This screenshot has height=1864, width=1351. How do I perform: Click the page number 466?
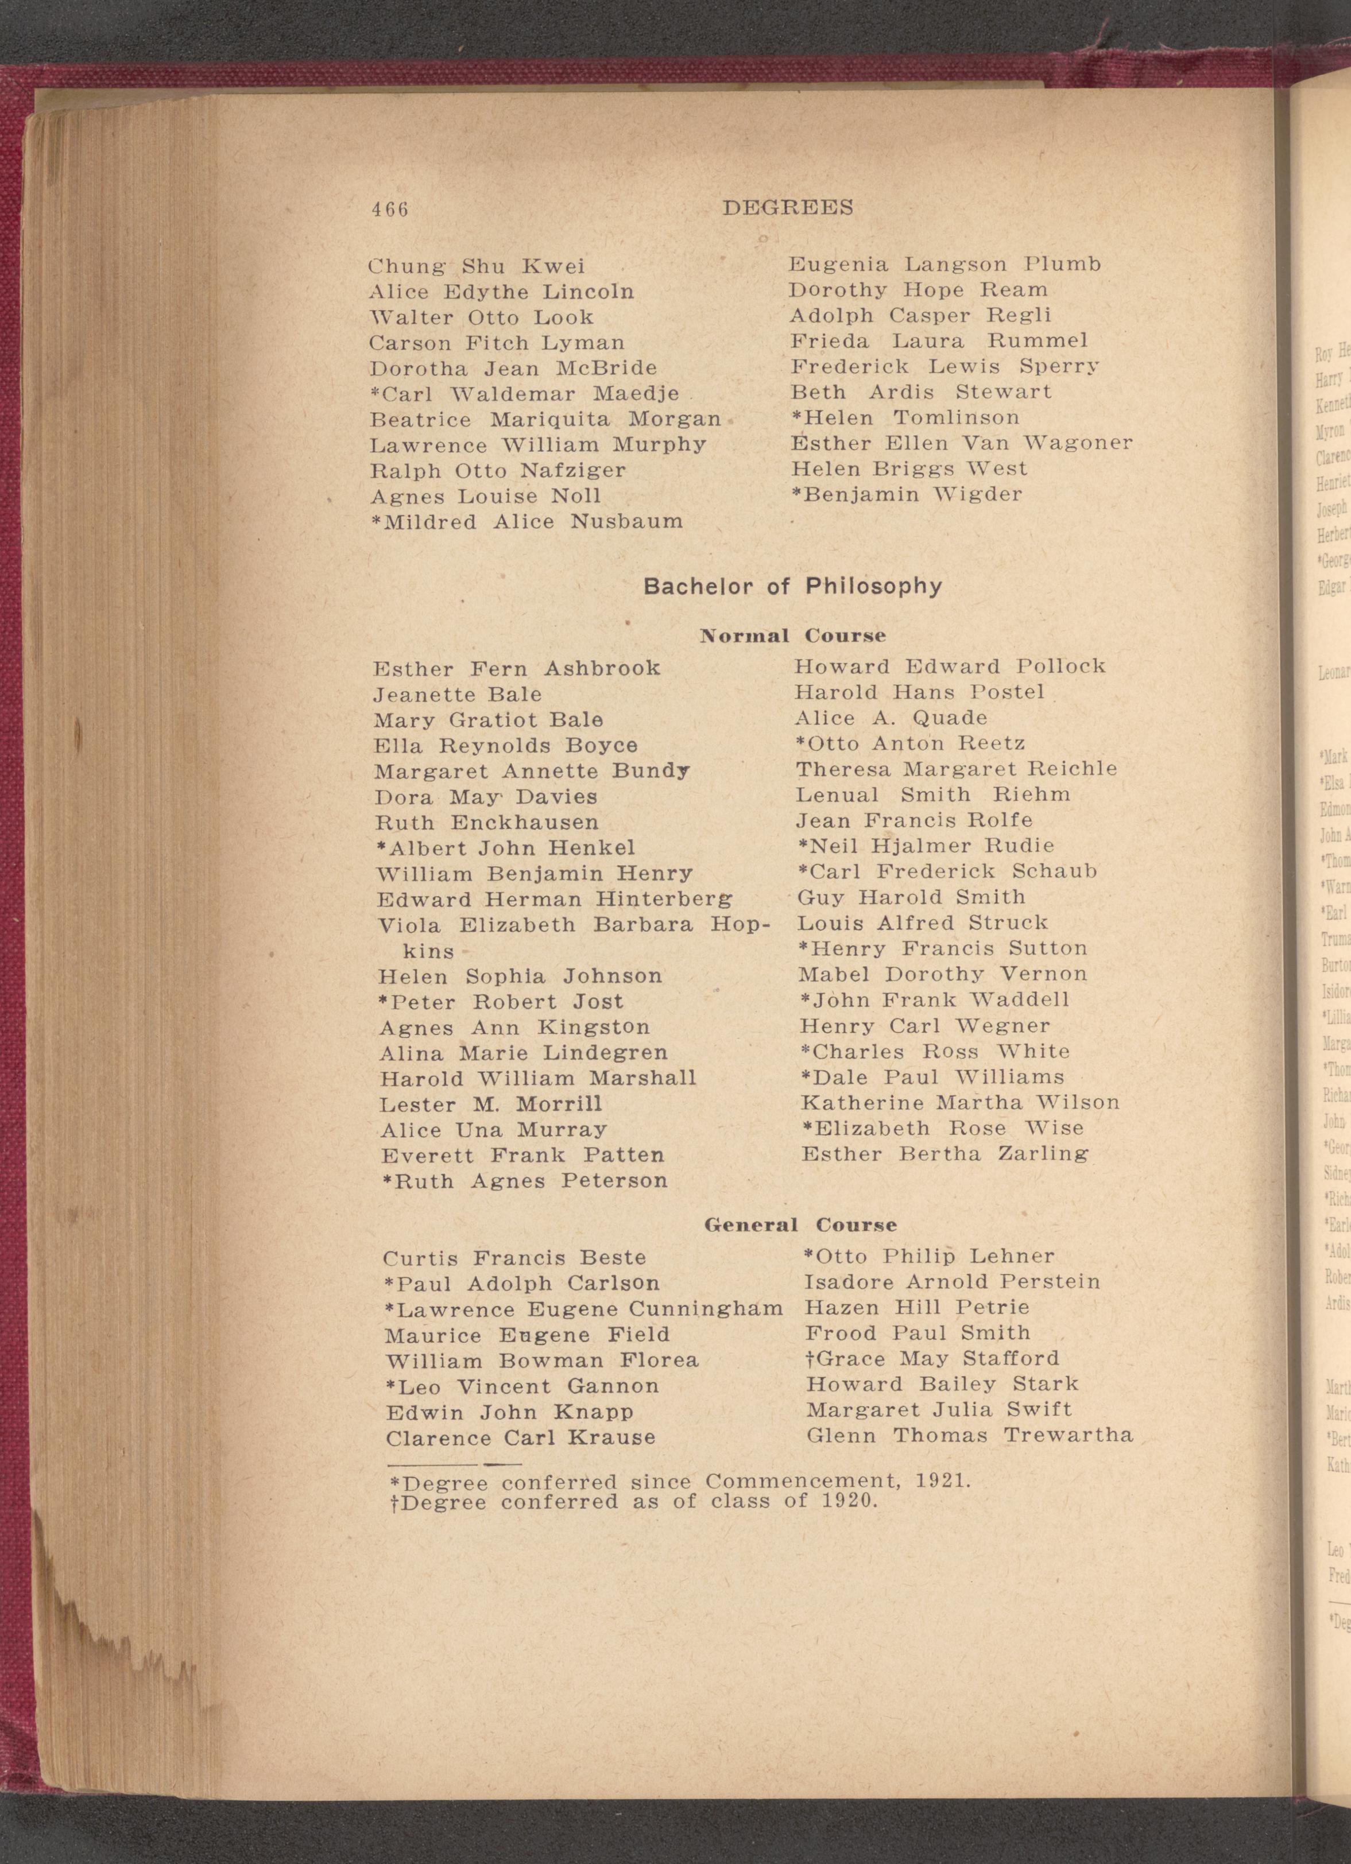point(389,210)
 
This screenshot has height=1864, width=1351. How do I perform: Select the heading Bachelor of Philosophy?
point(792,586)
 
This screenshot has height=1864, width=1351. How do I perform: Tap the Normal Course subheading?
point(792,636)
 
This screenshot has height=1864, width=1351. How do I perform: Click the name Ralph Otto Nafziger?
point(498,471)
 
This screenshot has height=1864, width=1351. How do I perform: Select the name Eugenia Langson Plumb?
point(944,265)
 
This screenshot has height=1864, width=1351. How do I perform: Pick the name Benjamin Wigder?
point(913,495)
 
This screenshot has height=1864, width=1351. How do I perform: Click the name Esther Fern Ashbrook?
point(516,669)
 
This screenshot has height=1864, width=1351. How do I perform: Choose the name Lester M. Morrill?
point(490,1104)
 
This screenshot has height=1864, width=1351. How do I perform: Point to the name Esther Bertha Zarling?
point(945,1154)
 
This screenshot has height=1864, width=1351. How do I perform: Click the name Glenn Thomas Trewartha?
point(970,1436)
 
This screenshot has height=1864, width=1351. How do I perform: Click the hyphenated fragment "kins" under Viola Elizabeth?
point(428,952)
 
